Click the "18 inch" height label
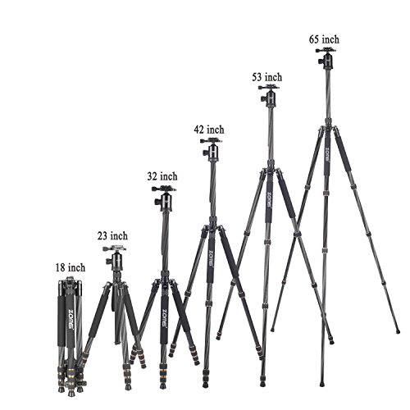71,267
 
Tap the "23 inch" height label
112,235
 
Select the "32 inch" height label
162,176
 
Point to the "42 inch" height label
209,130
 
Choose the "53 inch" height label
266,77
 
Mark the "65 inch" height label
324,39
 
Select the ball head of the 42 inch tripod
212,150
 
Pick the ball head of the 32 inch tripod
165,198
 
